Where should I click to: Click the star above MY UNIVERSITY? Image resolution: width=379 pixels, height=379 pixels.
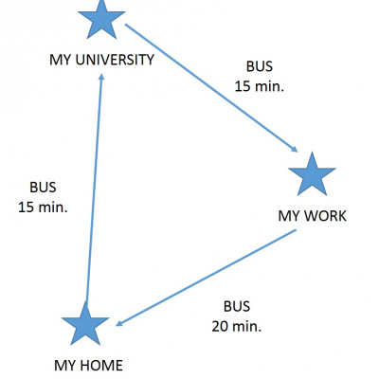pyautogui.click(x=101, y=20)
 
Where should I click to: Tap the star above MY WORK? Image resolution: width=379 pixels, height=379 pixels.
pyautogui.click(x=312, y=175)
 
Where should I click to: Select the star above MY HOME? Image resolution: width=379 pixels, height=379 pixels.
pyautogui.click(x=85, y=324)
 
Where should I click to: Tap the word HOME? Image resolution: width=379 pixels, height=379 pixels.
pyautogui.click(x=101, y=366)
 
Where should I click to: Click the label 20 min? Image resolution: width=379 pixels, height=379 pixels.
pyautogui.click(x=237, y=327)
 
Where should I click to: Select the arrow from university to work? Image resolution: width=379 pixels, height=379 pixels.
pyautogui.click(x=211, y=88)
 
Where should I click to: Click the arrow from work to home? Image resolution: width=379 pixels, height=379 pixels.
pyautogui.click(x=206, y=278)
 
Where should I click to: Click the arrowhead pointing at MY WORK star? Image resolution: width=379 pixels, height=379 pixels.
pyautogui.click(x=294, y=149)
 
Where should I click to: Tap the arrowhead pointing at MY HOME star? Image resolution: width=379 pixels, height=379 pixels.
pyautogui.click(x=119, y=323)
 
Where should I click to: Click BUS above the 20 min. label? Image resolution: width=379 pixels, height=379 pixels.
pyautogui.click(x=237, y=307)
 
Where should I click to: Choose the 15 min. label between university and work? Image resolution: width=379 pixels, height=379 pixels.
pyautogui.click(x=260, y=86)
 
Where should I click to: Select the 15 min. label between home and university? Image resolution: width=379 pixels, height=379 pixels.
pyautogui.click(x=43, y=208)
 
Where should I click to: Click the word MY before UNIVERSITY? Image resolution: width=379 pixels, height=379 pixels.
pyautogui.click(x=61, y=60)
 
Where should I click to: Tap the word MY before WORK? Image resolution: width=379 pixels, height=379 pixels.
pyautogui.click(x=289, y=216)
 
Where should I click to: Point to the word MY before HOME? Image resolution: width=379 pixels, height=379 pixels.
pyautogui.click(x=65, y=366)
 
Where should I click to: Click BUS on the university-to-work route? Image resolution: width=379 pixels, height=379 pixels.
pyautogui.click(x=260, y=66)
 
